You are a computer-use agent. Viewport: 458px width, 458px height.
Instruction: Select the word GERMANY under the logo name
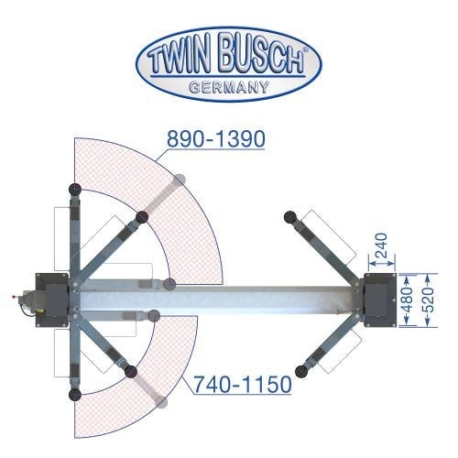coord(229,87)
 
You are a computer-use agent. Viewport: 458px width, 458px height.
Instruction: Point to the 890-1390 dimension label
coord(216,139)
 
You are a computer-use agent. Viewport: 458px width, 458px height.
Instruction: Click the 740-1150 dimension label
coord(243,385)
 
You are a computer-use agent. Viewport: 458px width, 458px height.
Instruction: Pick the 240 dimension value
coord(381,245)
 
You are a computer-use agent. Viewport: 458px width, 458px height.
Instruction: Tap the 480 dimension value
coord(409,300)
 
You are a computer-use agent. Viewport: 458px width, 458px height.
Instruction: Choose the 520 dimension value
coord(430,300)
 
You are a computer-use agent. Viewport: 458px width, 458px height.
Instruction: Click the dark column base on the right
coord(380,300)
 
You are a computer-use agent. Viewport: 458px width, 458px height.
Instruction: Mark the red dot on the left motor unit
coord(13,296)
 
